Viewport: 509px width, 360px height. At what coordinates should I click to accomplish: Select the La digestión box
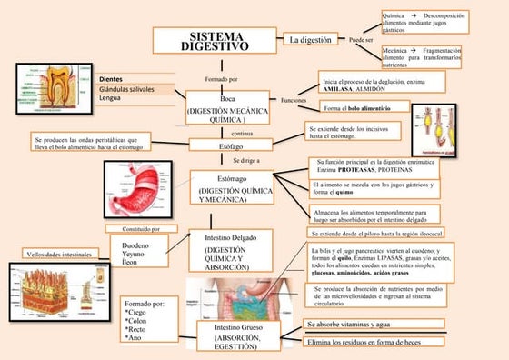coord(310,40)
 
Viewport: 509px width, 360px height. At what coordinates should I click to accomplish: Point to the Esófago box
coord(231,145)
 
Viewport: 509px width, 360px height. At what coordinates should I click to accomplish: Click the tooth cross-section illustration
coord(54,89)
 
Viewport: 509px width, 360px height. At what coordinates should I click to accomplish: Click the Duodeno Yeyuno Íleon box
coord(137,253)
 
